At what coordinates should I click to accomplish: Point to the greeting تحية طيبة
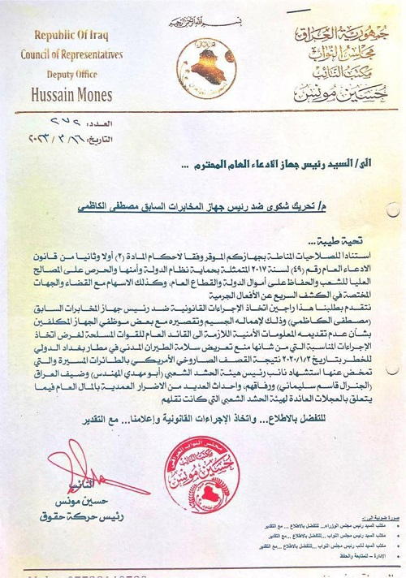click(335, 242)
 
